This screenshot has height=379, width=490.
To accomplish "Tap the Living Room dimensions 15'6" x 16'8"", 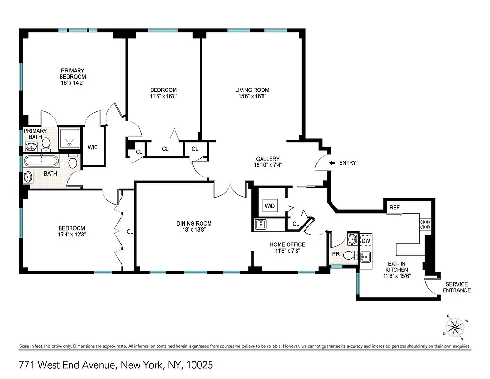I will click(x=252, y=96).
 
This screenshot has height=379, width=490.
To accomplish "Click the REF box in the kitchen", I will click(x=394, y=208).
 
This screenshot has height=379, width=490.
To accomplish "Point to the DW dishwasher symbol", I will click(x=365, y=241).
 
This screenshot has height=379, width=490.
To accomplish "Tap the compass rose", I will click(x=455, y=327).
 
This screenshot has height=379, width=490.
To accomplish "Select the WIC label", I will click(x=93, y=147).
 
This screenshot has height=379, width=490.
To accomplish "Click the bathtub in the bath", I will click(x=42, y=162).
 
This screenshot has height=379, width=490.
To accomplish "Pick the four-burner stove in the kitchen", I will click(x=425, y=224).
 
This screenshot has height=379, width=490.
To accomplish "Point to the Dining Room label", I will click(x=194, y=224).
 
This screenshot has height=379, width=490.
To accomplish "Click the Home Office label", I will click(x=287, y=244).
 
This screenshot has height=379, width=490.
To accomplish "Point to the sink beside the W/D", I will click(x=261, y=225).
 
